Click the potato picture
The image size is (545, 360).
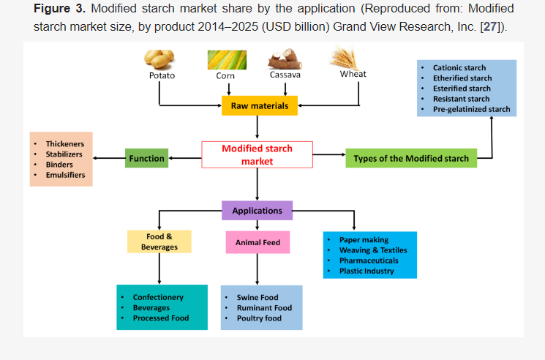click(x=160, y=59)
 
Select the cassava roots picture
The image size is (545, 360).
click(x=285, y=59)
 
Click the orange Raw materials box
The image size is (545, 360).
click(x=259, y=106)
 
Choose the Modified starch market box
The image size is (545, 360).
click(x=257, y=154)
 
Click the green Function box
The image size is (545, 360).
click(x=146, y=158)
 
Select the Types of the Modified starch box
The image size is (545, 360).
click(x=410, y=158)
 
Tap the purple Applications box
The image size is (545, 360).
click(x=257, y=211)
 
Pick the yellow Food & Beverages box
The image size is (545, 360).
click(x=159, y=241)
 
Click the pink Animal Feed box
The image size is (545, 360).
click(x=258, y=242)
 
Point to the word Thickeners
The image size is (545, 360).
click(x=64, y=144)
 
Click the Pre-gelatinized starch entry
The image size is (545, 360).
click(x=471, y=109)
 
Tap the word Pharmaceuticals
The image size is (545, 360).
click(x=369, y=260)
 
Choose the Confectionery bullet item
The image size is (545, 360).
click(x=158, y=298)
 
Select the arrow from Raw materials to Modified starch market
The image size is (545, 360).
click(x=258, y=127)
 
